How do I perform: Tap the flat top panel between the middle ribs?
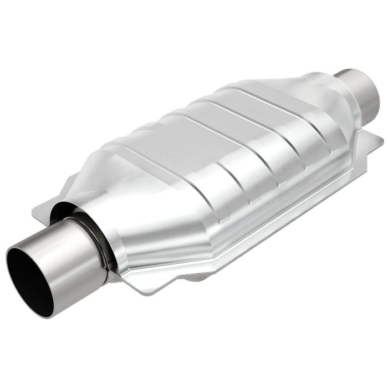coord(222,133)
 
